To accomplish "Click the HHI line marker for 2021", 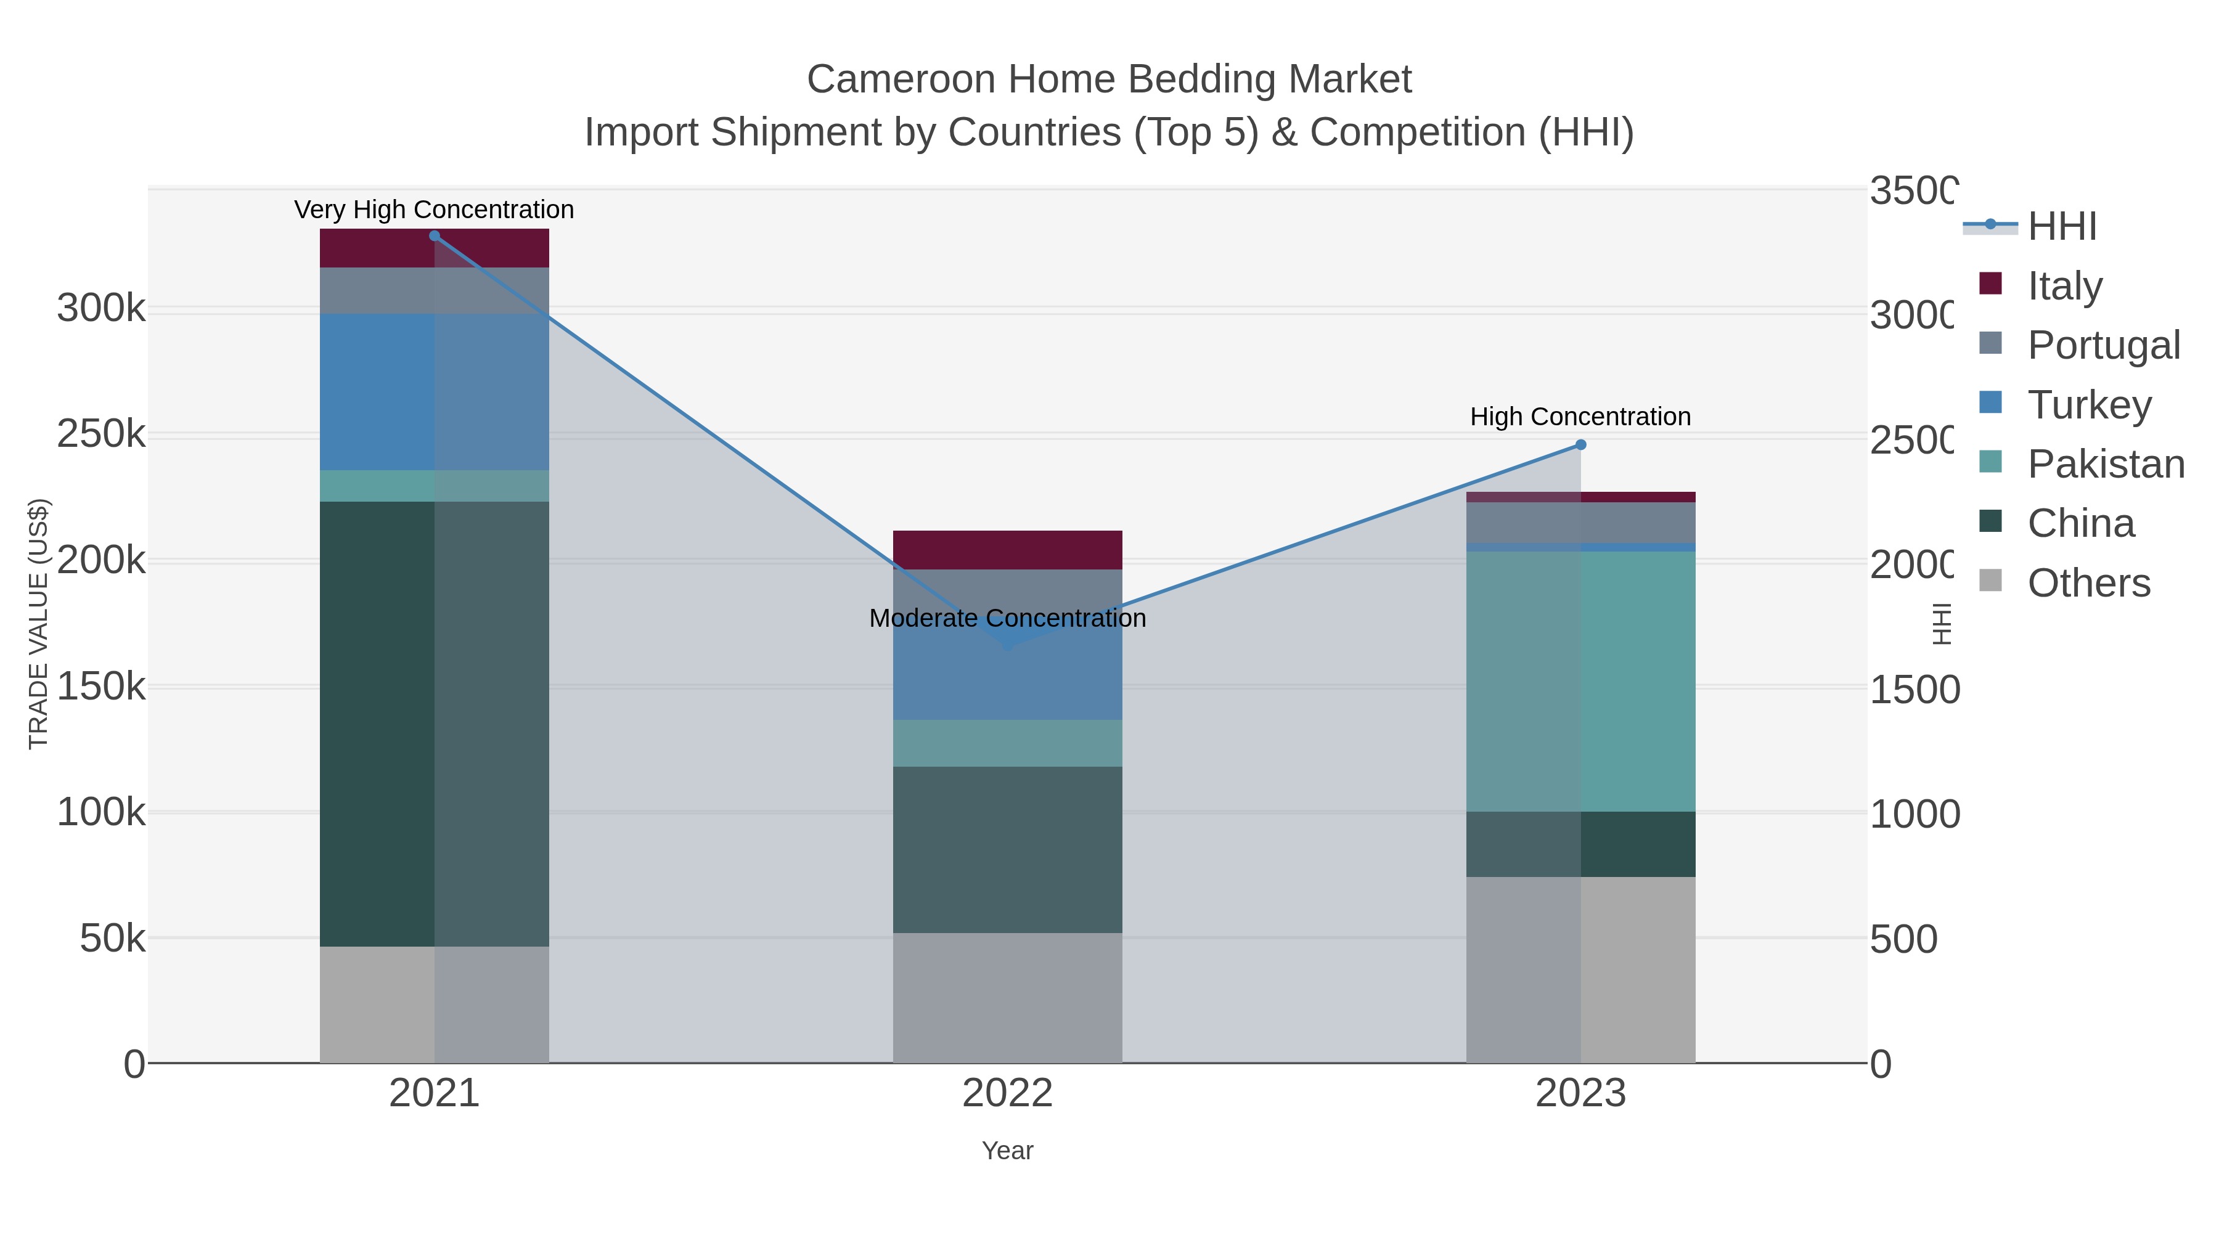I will coord(434,236).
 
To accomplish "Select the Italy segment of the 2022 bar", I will coord(1007,550).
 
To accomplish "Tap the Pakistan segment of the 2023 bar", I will coord(1580,680).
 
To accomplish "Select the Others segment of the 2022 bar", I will coord(1007,997).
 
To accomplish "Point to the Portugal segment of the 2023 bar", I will coord(1580,522).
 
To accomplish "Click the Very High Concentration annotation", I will coord(434,210).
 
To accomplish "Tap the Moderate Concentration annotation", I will coord(1007,618).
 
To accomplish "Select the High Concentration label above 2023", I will coord(1580,417).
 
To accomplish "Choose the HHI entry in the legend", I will coord(2061,227).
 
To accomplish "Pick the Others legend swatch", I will coord(1991,581).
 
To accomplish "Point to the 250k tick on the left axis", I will coord(101,434).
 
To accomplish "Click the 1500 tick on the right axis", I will coord(1914,690).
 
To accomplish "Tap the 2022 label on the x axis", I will coord(1007,1094).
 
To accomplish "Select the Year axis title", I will coord(1007,1151).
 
